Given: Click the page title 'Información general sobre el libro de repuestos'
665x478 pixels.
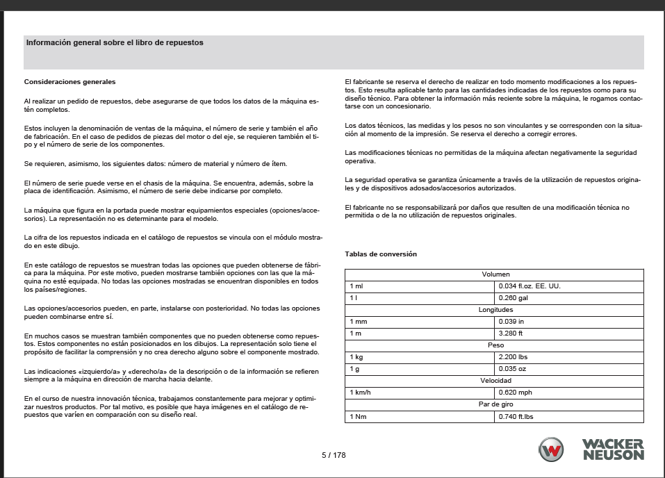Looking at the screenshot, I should [x=115, y=42].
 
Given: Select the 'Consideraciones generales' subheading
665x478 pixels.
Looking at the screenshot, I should [x=69, y=82].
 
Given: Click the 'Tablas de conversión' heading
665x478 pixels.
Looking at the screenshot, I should [x=381, y=254].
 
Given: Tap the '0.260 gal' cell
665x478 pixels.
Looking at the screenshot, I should [x=514, y=298].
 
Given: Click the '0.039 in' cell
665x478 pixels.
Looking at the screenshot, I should [x=511, y=322].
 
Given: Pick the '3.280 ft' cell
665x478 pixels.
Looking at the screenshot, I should [x=511, y=333].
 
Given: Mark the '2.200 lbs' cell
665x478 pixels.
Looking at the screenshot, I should [x=513, y=357].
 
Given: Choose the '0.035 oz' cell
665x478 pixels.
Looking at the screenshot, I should [x=512, y=369].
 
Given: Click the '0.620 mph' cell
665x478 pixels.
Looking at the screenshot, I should [x=515, y=393].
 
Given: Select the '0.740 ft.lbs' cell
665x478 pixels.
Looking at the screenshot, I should [x=517, y=416].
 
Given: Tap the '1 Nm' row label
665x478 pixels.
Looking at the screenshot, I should [x=358, y=416].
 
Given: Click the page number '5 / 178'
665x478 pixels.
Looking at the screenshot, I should [x=334, y=455].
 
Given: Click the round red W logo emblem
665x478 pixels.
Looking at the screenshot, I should [x=552, y=450].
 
